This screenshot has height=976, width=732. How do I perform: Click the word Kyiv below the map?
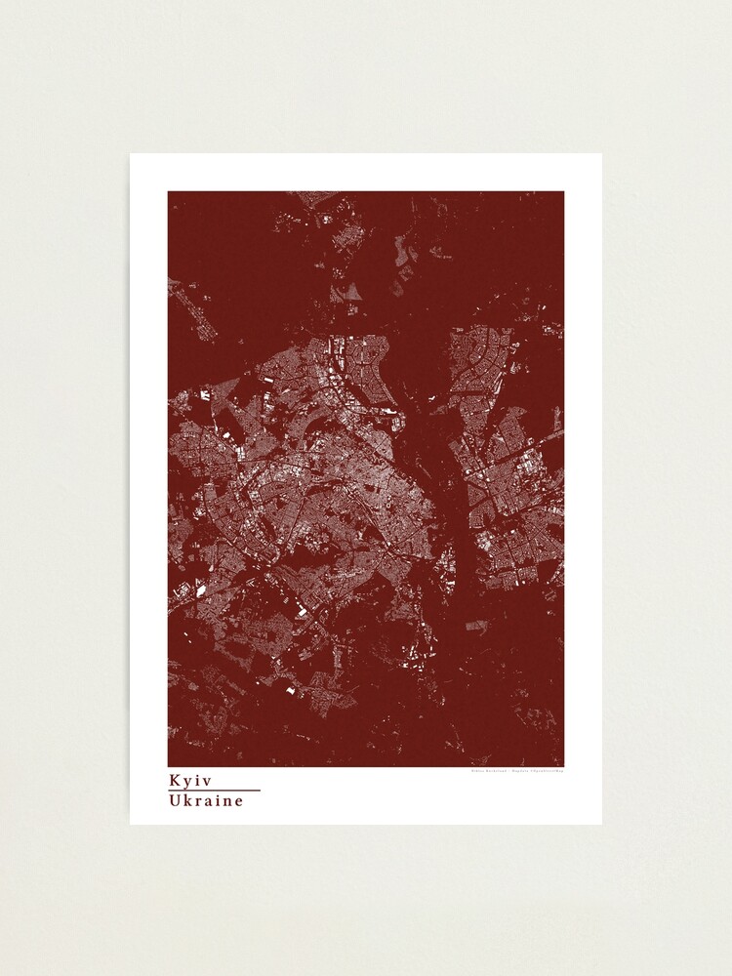click(x=190, y=781)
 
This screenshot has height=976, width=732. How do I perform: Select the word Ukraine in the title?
click(x=205, y=800)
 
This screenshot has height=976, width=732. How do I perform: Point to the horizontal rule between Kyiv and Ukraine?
click(x=214, y=791)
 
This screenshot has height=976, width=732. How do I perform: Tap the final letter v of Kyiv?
click(x=207, y=781)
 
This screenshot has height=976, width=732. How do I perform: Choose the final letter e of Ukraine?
click(x=238, y=801)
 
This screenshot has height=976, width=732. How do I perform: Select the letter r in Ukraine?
click(x=199, y=801)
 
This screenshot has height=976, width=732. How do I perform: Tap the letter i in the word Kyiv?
click(x=199, y=781)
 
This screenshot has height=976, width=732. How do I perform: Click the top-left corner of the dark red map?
click(x=169, y=192)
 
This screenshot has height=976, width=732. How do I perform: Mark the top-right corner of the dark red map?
click(x=563, y=192)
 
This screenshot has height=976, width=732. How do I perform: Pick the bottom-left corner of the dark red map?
click(x=169, y=766)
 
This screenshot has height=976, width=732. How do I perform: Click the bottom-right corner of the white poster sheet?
click(x=601, y=824)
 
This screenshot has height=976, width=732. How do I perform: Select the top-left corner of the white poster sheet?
click(x=131, y=154)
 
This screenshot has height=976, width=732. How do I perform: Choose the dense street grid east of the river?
click(x=508, y=488)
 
